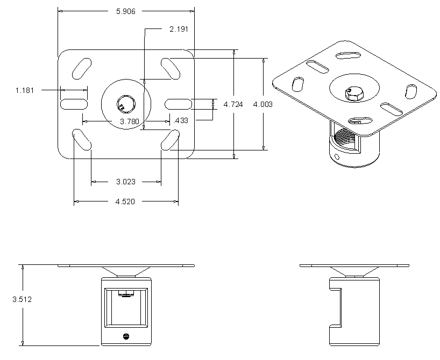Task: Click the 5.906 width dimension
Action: [x=126, y=11]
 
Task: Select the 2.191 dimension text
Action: [x=179, y=29]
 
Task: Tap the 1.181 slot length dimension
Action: [x=25, y=90]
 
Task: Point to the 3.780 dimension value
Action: [x=130, y=121]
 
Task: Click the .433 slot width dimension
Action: [x=182, y=120]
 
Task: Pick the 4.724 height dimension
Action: [x=233, y=104]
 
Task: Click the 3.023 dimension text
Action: [x=126, y=182]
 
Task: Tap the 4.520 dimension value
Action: [x=126, y=201]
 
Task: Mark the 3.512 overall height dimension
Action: [x=22, y=300]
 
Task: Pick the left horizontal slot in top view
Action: [x=74, y=103]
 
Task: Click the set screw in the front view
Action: [x=126, y=337]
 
